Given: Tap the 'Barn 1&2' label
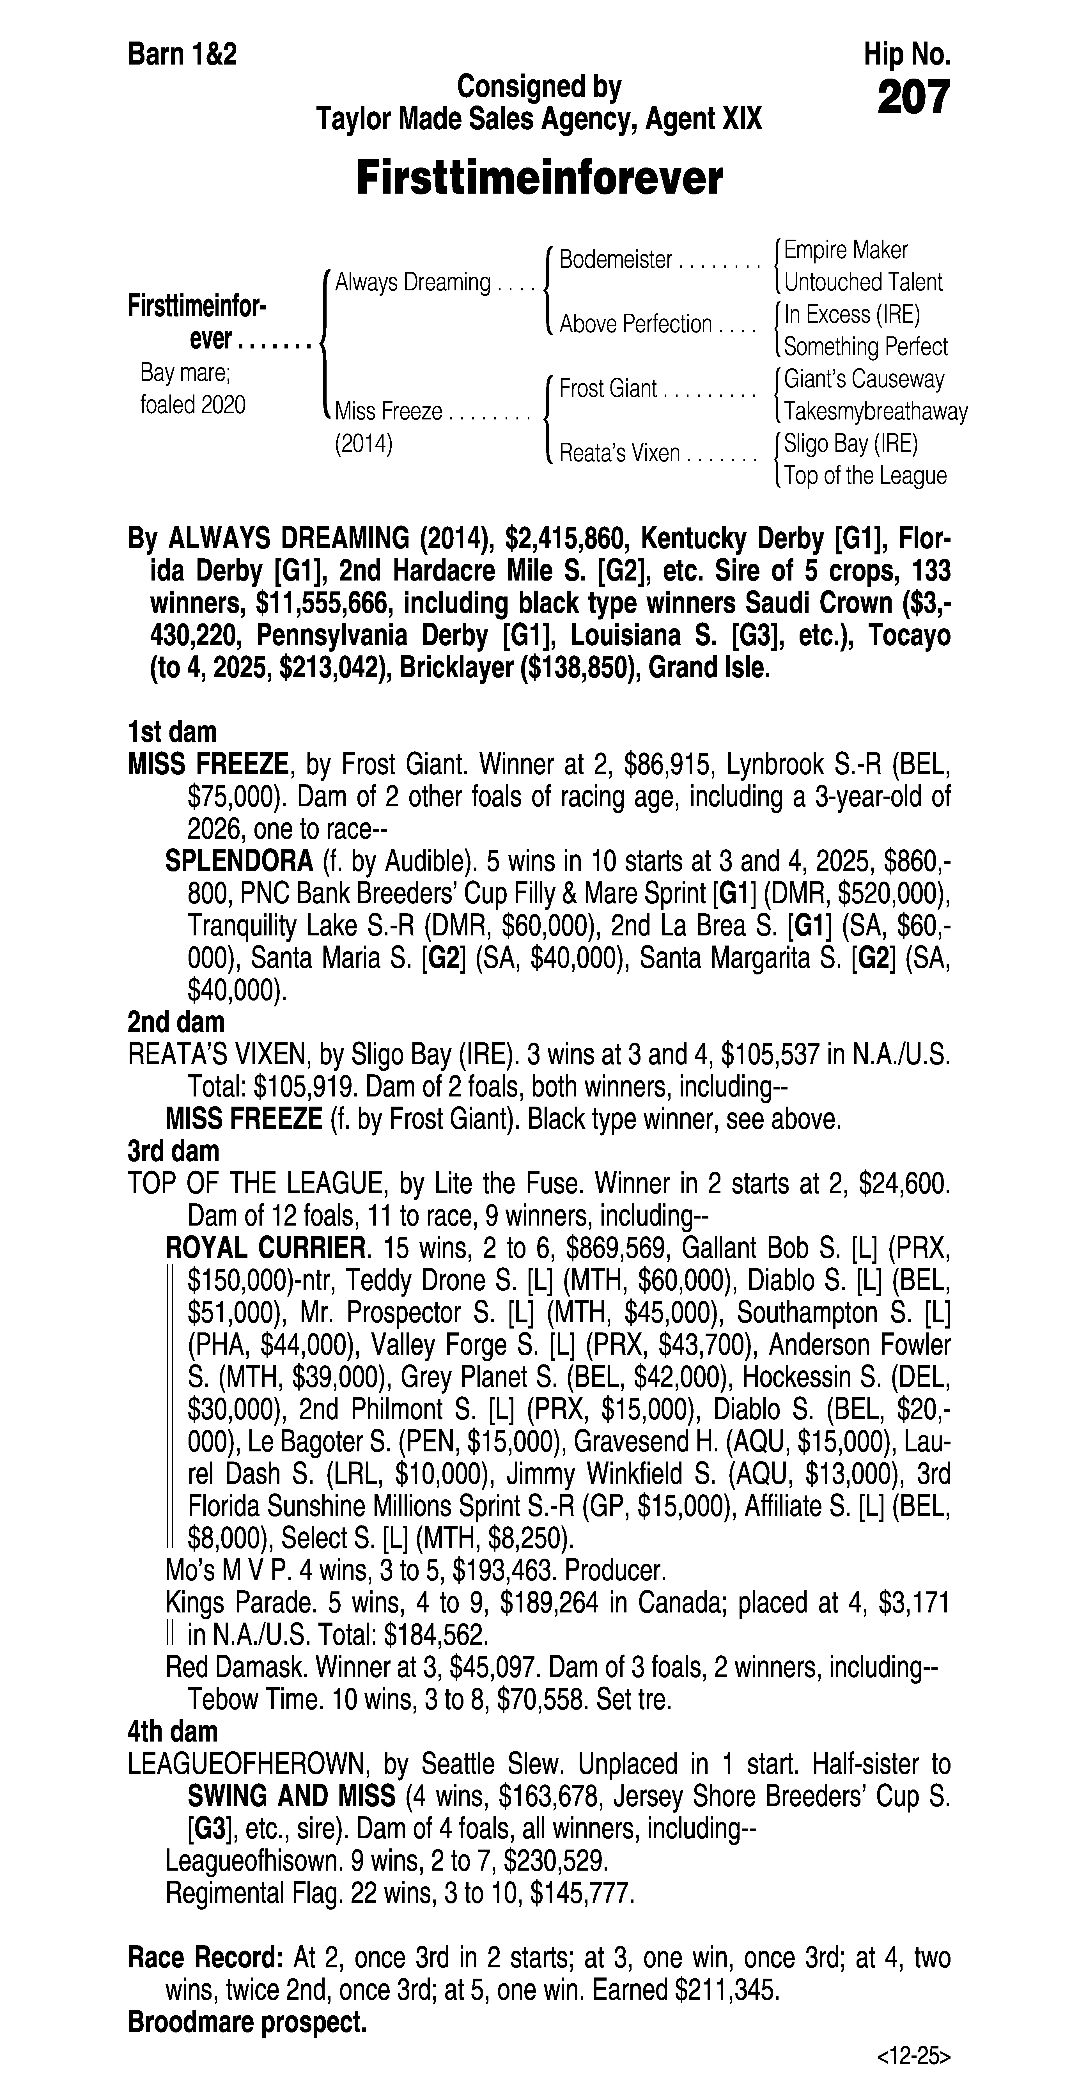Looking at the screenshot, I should coord(183,55).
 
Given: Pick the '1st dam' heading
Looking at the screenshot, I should coord(172,733).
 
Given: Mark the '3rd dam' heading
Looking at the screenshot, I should coord(174,1151).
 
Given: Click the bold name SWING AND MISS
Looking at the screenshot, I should coord(291,1796).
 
